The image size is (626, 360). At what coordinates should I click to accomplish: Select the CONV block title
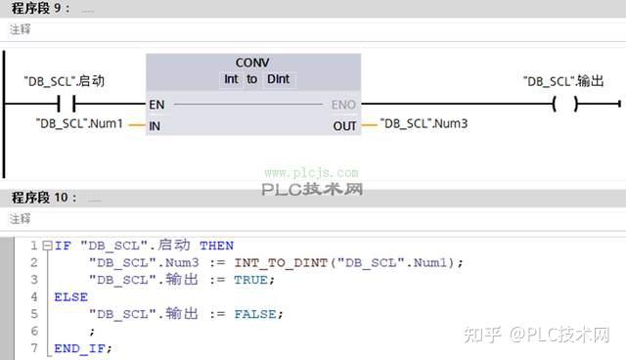[x=252, y=62]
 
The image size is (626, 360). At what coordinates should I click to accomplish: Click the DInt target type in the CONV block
[x=279, y=79]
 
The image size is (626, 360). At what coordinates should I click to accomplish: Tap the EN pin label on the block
[x=156, y=104]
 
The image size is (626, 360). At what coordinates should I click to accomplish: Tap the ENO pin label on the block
[x=343, y=104]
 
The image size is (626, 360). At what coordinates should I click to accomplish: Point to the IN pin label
[x=155, y=125]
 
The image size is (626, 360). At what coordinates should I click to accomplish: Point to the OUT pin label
[x=344, y=125]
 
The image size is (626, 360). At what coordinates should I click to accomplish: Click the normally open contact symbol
[x=67, y=104]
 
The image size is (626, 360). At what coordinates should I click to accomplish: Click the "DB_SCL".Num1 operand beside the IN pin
[x=79, y=124]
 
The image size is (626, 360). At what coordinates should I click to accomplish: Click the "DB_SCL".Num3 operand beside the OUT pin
[x=424, y=124]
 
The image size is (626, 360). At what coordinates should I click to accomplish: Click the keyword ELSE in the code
[x=70, y=296]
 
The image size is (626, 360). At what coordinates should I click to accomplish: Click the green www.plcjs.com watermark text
[x=310, y=172]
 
